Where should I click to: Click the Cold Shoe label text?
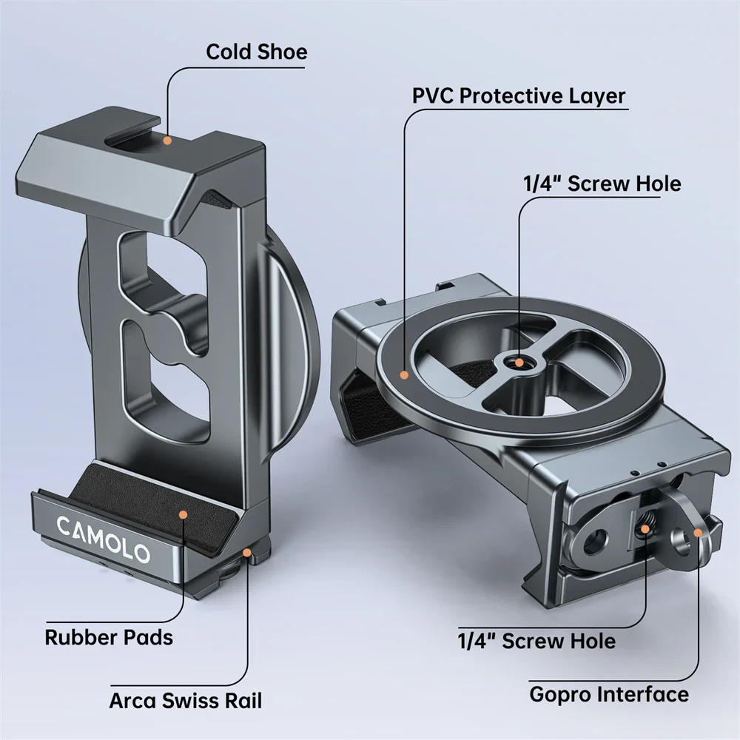coord(256,52)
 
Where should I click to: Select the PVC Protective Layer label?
coord(518,95)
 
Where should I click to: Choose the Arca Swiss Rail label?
coord(185,699)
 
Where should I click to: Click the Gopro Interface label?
coord(608,695)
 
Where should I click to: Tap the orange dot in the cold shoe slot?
coord(169,139)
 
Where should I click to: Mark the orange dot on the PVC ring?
coord(404,374)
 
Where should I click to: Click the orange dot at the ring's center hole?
coord(521,363)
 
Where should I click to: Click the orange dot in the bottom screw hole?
coord(647,529)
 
